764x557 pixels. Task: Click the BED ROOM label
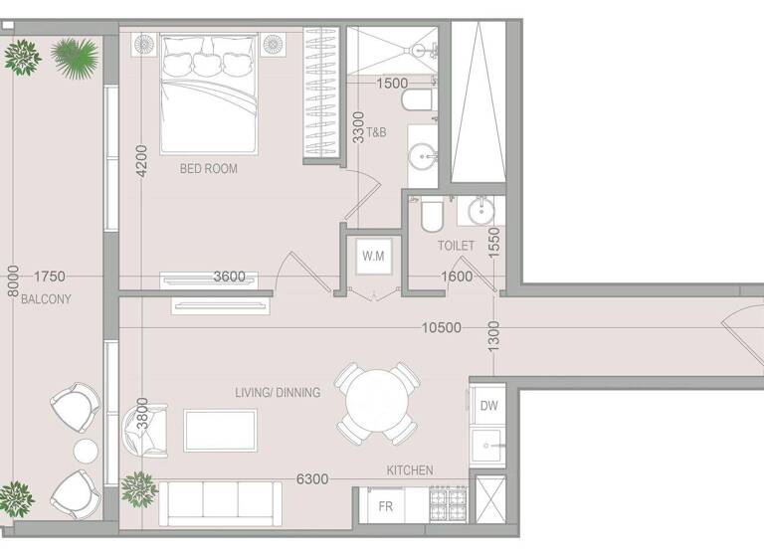[x=208, y=169]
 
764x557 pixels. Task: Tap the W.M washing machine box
[x=373, y=257]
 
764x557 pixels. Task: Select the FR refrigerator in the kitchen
[x=386, y=506]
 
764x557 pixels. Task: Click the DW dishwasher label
[x=488, y=406]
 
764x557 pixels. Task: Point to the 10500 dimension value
[x=441, y=327]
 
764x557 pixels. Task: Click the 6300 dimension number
[x=312, y=479]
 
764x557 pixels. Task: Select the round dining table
[x=376, y=403]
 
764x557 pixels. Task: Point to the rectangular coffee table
[x=220, y=430]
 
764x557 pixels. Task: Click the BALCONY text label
[x=46, y=299]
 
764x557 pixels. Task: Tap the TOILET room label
[x=456, y=245]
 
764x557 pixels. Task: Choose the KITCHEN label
[x=410, y=469]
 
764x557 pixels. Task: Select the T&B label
[x=377, y=132]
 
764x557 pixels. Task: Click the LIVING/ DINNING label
[x=278, y=392]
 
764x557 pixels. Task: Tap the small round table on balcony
[x=86, y=451]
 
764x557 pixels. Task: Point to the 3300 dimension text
[x=359, y=128]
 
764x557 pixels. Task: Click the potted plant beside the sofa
[x=138, y=487]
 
